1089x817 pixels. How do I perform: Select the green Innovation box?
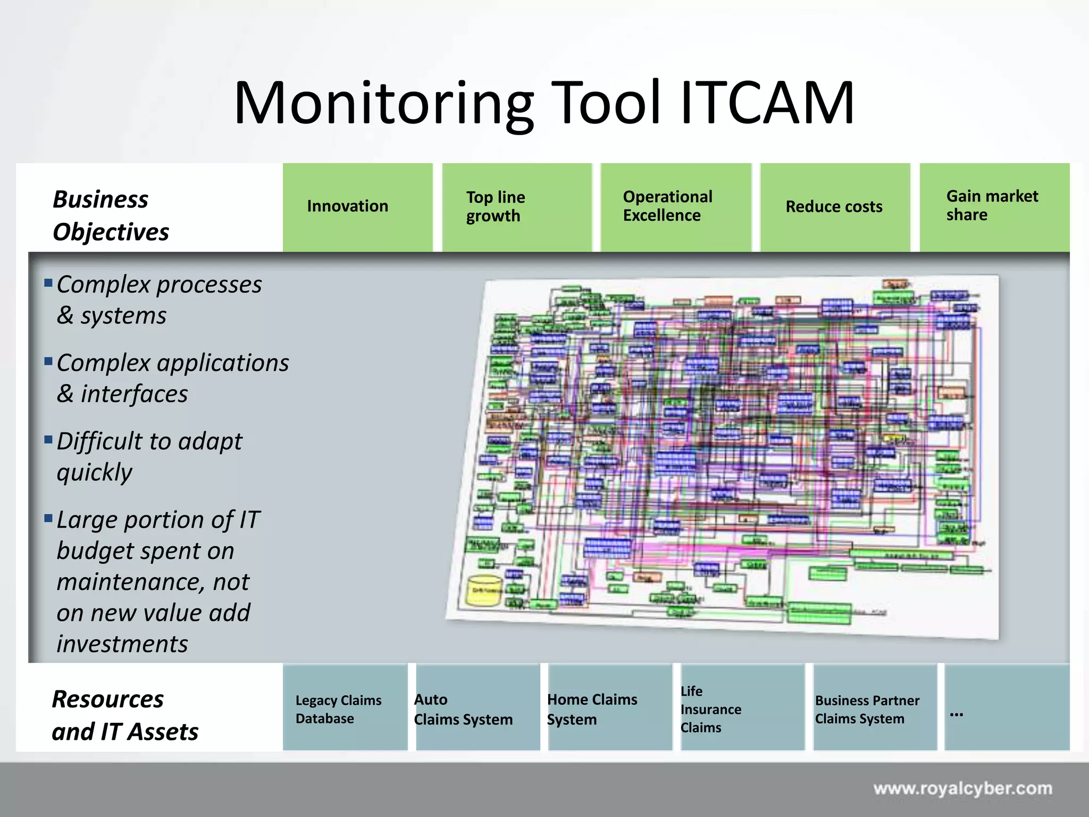pyautogui.click(x=357, y=207)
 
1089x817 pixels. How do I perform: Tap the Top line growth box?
pyautogui.click(x=516, y=207)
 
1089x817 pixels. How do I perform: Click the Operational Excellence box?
pyautogui.click(x=675, y=207)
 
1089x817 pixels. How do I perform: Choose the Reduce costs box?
pyautogui.click(x=835, y=207)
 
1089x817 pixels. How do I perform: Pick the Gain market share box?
pyautogui.click(x=994, y=207)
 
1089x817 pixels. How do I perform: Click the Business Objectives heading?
pyautogui.click(x=111, y=215)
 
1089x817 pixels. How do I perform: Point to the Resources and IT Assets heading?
pyautogui.click(x=125, y=715)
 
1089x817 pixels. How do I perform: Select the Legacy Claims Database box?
pyautogui.click(x=345, y=707)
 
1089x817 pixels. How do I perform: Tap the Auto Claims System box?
pyautogui.click(x=477, y=707)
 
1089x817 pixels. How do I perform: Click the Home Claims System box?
pyautogui.click(x=609, y=707)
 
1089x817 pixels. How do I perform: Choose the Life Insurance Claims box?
pyautogui.click(x=742, y=707)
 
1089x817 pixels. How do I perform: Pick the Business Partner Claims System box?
pyautogui.click(x=874, y=707)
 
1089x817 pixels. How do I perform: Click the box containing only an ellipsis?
pyautogui.click(x=1006, y=707)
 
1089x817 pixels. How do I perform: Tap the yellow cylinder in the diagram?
pyautogui.click(x=484, y=590)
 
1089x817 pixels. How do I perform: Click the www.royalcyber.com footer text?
pyautogui.click(x=962, y=788)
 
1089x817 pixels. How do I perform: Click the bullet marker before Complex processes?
pyautogui.click(x=48, y=282)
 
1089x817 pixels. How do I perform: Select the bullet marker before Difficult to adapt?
pyautogui.click(x=48, y=439)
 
